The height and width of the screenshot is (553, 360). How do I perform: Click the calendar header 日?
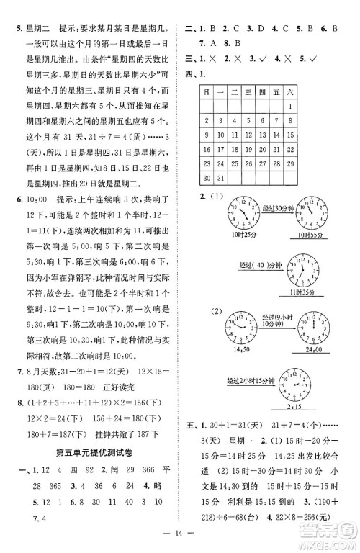pos(207,91)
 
